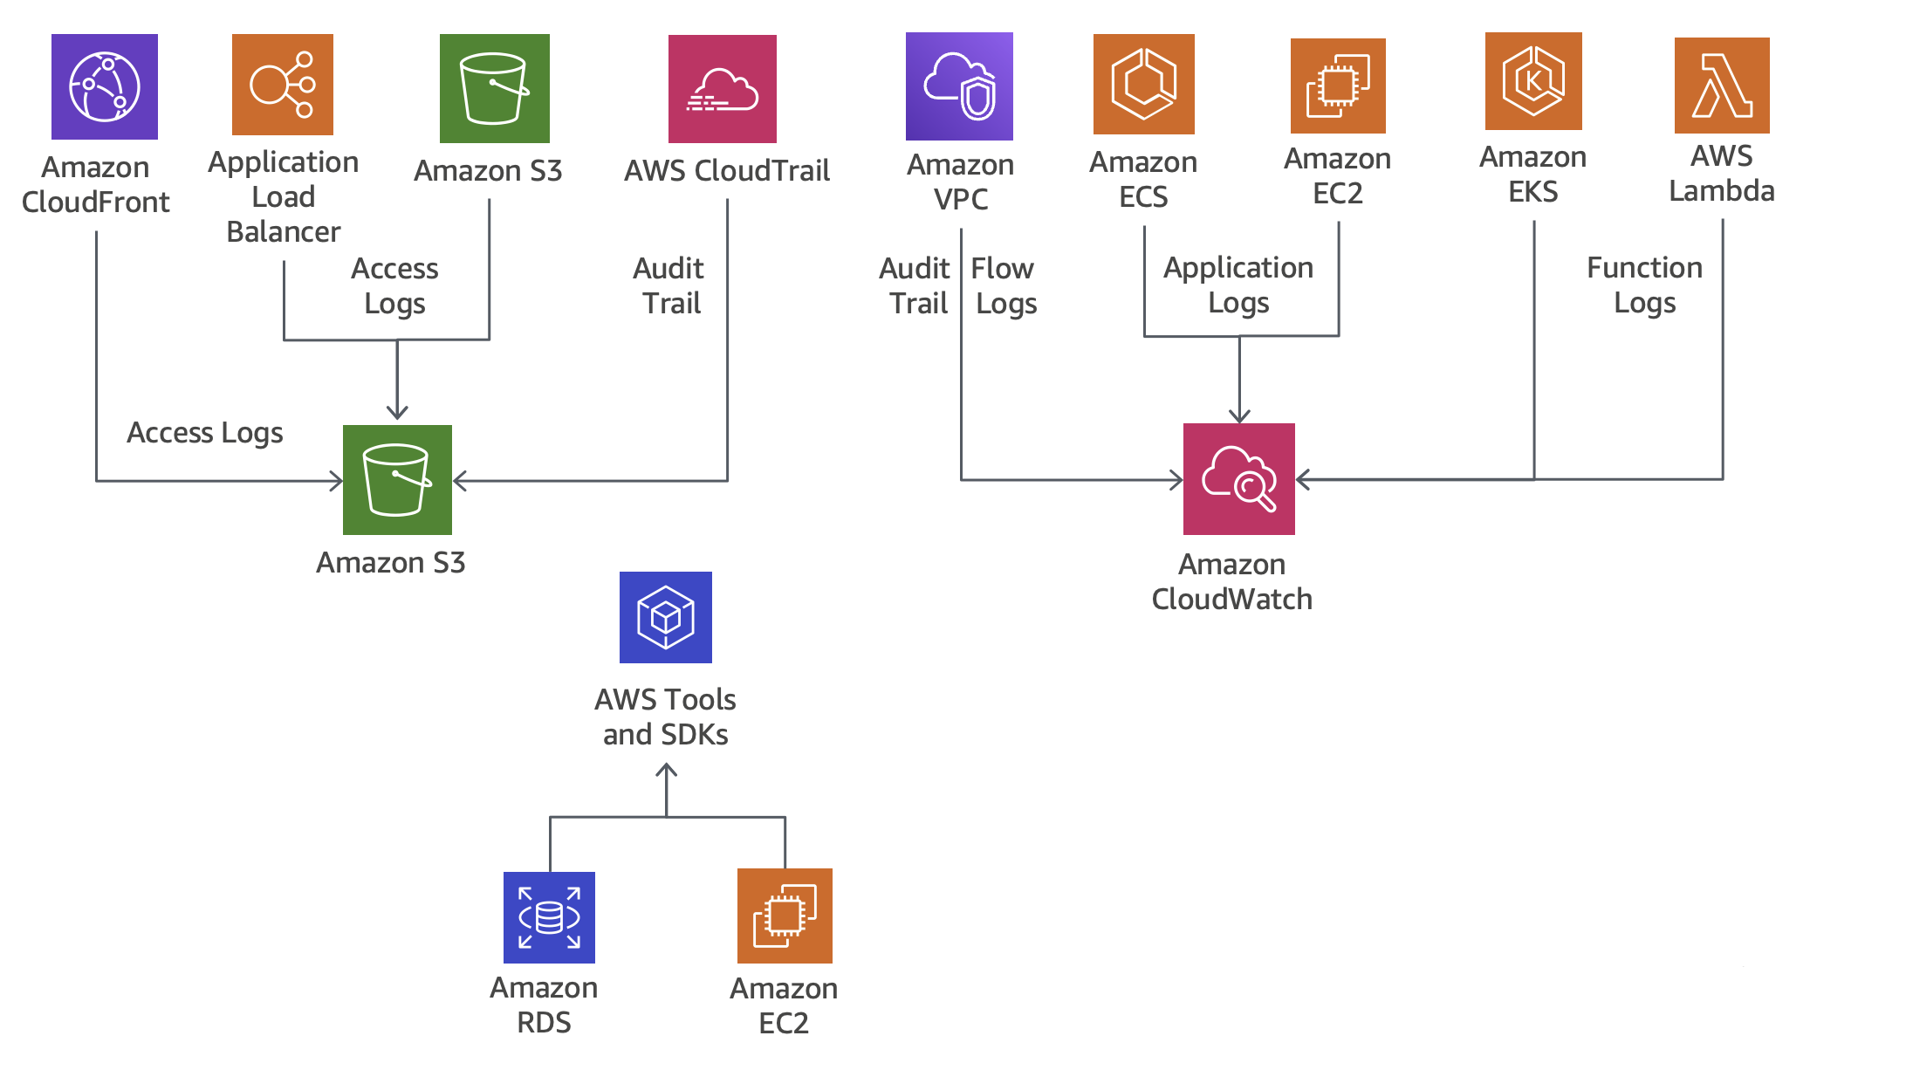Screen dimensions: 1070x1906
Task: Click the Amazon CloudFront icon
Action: click(105, 87)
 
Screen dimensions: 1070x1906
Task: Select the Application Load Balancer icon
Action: click(283, 85)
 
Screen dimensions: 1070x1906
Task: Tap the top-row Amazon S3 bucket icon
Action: click(494, 88)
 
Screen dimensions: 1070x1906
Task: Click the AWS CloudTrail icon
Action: click(722, 89)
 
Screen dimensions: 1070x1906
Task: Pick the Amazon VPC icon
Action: click(959, 86)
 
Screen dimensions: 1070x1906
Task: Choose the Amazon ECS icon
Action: click(1143, 84)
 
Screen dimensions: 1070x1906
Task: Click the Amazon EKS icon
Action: click(1533, 81)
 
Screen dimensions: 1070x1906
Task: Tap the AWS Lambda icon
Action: click(1721, 86)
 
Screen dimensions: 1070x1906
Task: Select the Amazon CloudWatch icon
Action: click(1238, 479)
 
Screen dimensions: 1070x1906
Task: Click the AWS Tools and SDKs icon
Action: click(665, 617)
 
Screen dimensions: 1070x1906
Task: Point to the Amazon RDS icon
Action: click(549, 917)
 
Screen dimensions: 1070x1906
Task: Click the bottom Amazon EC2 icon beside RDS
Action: click(785, 916)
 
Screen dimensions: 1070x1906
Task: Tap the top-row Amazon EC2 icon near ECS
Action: click(1338, 86)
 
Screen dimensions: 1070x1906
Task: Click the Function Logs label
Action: click(1644, 285)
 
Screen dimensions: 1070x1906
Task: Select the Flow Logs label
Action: click(1004, 285)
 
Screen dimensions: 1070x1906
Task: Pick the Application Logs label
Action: click(1238, 285)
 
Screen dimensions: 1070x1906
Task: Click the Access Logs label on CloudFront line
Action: click(205, 433)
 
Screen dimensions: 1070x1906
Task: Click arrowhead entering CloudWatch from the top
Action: click(1239, 416)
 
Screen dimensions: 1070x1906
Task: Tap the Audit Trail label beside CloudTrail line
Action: click(669, 285)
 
